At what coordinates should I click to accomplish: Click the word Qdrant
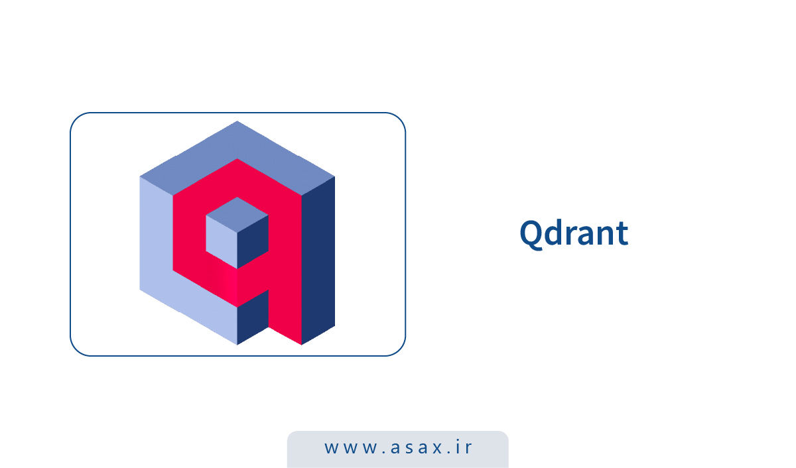pos(574,233)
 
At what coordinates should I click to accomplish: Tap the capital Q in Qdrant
pos(531,234)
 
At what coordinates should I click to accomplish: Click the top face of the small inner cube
pos(237,213)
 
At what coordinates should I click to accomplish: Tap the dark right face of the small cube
pos(253,242)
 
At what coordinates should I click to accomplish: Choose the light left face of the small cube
pos(221,242)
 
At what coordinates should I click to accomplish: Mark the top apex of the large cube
pos(237,122)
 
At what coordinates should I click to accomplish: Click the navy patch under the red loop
pos(253,318)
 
